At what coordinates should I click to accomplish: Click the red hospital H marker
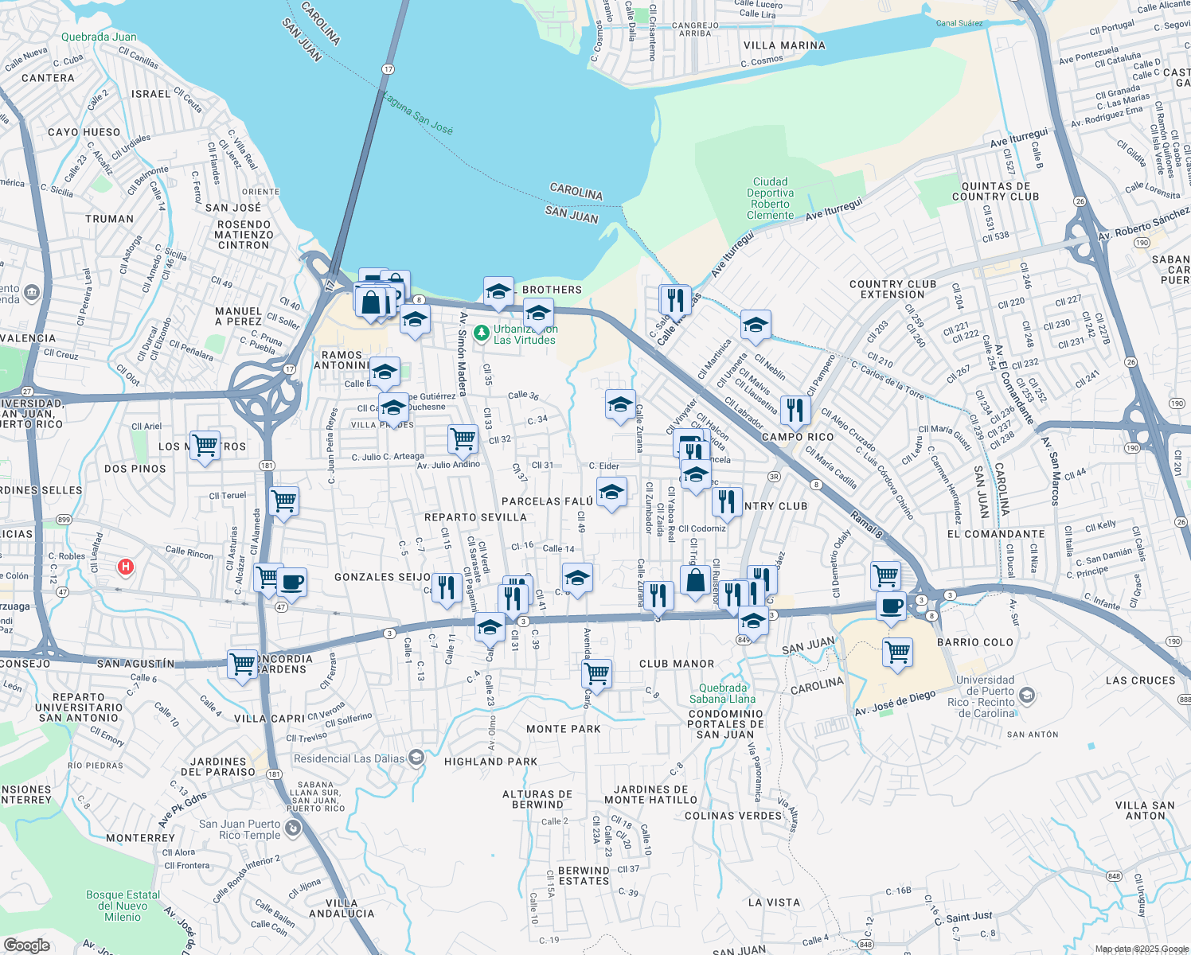(125, 567)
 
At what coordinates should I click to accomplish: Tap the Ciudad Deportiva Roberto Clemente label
(770, 198)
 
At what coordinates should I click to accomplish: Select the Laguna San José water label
(418, 113)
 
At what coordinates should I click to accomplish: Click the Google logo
(26, 945)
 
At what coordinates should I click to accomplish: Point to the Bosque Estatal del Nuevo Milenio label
(123, 906)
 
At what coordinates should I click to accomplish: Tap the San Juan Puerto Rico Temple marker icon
(293, 829)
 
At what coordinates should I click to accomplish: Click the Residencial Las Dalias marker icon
(416, 758)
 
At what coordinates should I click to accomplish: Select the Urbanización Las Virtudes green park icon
(481, 333)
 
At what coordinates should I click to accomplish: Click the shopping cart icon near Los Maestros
(205, 444)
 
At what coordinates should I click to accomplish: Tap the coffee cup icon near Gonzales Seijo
(291, 582)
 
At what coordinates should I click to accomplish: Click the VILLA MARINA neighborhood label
(784, 45)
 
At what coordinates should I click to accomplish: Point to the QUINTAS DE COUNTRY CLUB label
(995, 191)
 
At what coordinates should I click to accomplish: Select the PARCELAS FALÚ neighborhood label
(547, 501)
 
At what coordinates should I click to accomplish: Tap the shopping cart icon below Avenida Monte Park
(596, 673)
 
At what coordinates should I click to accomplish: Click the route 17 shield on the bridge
(388, 69)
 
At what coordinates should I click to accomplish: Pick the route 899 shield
(64, 520)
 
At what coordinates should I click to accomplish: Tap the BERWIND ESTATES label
(584, 875)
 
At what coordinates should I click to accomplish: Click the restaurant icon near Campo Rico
(795, 409)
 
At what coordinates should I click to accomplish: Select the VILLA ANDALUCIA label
(342, 908)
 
